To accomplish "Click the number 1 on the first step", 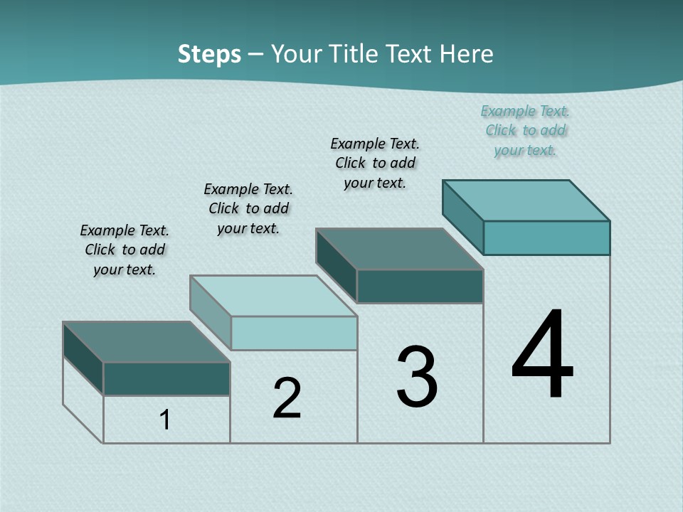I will tap(165, 420).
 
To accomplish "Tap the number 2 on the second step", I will tap(287, 398).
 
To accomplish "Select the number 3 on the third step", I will tap(417, 377).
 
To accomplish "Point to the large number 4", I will tap(542, 356).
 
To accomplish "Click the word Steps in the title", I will tap(209, 54).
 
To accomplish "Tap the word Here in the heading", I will tap(467, 54).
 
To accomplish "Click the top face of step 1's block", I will tap(146, 342).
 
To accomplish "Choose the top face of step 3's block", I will tap(399, 249).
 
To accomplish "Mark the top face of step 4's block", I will tap(526, 201).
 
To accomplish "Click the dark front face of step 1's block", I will tap(166, 378).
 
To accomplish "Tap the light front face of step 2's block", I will tap(294, 333).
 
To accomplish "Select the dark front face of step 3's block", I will tap(420, 286).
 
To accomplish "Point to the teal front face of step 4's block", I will tap(546, 238).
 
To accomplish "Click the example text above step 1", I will tap(125, 250).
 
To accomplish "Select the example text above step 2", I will tap(248, 208).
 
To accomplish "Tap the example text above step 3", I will tap(375, 163).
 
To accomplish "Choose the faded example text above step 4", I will tap(525, 130).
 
